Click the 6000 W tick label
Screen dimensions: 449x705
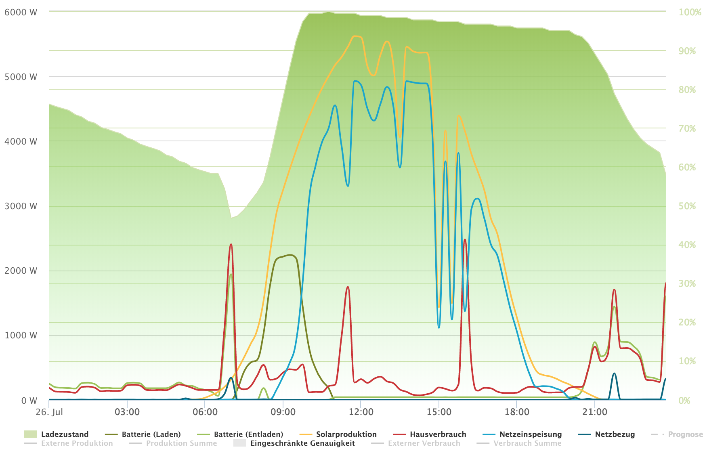point(21,13)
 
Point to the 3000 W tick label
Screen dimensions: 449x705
point(21,206)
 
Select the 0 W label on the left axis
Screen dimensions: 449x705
point(29,401)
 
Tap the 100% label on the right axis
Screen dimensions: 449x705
point(690,13)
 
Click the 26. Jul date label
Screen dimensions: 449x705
point(49,412)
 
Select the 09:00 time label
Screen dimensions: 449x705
point(283,412)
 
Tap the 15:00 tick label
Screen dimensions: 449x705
point(439,412)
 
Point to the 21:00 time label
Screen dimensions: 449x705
point(595,412)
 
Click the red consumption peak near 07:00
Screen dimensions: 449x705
point(231,245)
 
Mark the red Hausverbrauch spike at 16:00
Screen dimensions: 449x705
point(465,240)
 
